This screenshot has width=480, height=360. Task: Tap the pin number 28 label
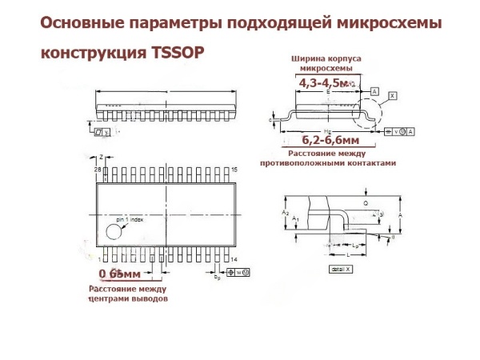pyautogui.click(x=98, y=170)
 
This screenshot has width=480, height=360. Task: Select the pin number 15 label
pyautogui.click(x=235, y=170)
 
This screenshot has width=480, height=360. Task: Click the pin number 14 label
pyautogui.click(x=235, y=260)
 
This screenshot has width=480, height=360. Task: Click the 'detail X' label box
pyautogui.click(x=340, y=269)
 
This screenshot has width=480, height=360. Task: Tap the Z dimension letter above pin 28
pyautogui.click(x=102, y=158)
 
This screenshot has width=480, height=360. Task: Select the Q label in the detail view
pyautogui.click(x=366, y=203)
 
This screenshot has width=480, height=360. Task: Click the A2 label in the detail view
pyautogui.click(x=286, y=212)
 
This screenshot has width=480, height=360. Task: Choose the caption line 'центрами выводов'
pyautogui.click(x=128, y=298)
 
